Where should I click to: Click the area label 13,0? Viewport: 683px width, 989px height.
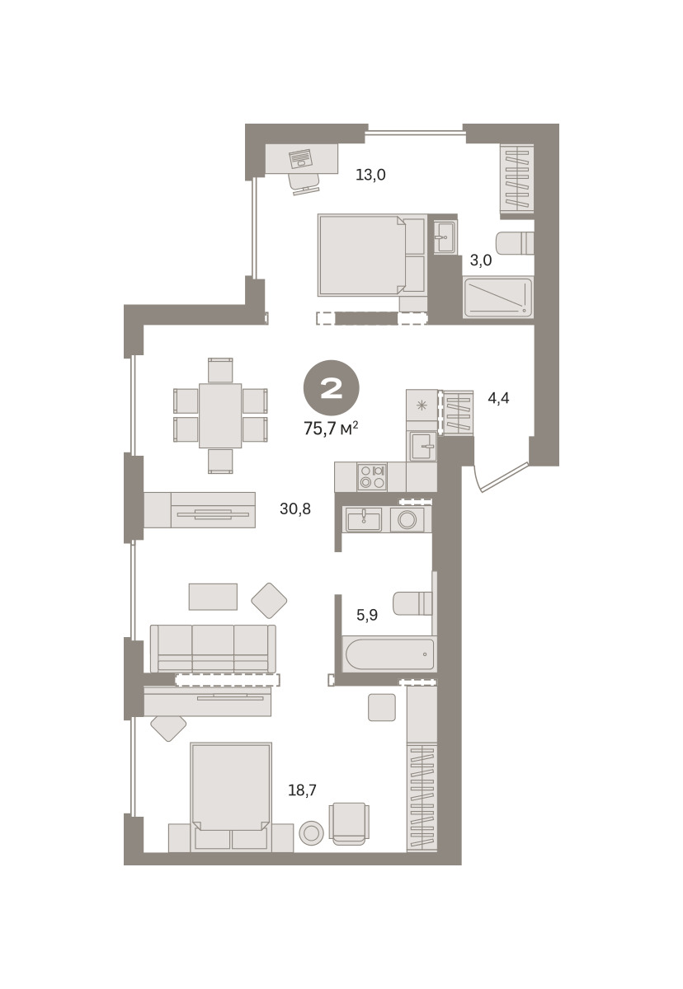(x=370, y=176)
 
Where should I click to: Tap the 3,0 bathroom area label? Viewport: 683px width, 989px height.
(x=480, y=260)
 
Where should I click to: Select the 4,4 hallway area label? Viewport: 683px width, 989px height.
(x=498, y=398)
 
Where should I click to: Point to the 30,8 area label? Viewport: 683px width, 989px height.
(x=295, y=509)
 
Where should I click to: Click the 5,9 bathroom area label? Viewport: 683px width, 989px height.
(x=367, y=615)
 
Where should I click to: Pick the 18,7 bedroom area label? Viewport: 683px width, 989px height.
(x=302, y=790)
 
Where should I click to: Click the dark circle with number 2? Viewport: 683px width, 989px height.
(x=331, y=388)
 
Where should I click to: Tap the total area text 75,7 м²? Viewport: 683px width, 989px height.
(x=331, y=429)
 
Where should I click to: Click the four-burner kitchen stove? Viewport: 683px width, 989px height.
(x=371, y=477)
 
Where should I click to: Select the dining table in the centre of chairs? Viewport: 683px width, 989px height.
(x=220, y=415)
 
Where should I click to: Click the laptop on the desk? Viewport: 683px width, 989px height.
(x=300, y=157)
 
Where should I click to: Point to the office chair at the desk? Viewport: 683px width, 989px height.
(x=304, y=183)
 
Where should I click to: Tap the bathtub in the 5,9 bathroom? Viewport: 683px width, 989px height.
(x=389, y=654)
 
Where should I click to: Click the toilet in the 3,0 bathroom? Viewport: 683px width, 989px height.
(x=515, y=243)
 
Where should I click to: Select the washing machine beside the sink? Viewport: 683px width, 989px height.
(x=407, y=519)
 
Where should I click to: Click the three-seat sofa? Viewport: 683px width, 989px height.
(x=213, y=649)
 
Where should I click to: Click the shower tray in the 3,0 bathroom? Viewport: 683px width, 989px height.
(x=498, y=298)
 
